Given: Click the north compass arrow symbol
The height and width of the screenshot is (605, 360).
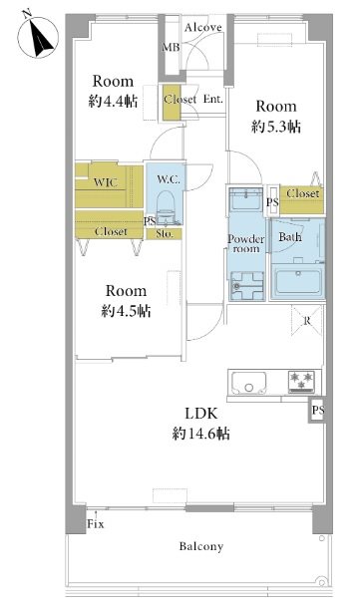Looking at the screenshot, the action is pos(38,36).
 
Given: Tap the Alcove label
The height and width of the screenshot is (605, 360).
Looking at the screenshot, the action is pos(203,27).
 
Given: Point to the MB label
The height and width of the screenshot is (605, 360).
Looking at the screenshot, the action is pos(171,48).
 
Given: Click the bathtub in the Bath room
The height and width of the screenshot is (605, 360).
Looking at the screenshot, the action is pos(297,281).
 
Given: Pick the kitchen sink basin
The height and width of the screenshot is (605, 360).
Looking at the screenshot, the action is pos(249,382).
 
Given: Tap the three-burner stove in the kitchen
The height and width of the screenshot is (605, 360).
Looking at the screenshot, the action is pos(302,381).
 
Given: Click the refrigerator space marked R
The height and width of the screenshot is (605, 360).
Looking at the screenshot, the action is pos(307,320).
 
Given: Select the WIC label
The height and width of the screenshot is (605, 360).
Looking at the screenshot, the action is pos(106,182).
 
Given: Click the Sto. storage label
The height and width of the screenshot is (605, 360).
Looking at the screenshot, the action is pos(164,234).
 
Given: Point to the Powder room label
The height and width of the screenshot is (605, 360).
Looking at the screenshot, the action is pos(245,244).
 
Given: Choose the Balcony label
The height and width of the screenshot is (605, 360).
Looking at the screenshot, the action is pos(201,546).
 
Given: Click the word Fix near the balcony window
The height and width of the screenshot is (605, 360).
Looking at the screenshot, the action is pos(96,524).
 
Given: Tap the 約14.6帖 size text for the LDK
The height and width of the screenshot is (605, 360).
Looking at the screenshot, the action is pos(200,434).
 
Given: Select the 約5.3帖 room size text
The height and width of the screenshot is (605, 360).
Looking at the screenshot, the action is pos(275,127).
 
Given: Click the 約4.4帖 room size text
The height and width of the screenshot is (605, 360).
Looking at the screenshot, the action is pos(113,101).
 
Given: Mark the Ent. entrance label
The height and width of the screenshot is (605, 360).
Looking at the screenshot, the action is pos(213,99).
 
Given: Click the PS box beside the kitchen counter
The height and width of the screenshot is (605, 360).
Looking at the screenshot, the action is pos(317,410).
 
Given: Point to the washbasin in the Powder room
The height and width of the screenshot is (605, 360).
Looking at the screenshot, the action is pos(246,198).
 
